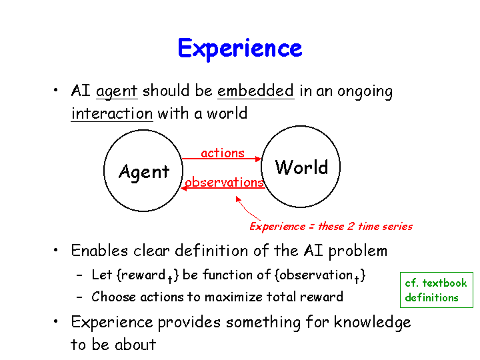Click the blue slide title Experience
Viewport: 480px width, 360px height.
click(240, 49)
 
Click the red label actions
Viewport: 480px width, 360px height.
click(223, 153)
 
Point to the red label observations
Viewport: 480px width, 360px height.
click(225, 182)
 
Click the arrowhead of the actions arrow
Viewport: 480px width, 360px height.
click(259, 159)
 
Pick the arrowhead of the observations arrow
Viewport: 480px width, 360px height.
click(184, 188)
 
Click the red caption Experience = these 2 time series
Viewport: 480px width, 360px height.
click(331, 227)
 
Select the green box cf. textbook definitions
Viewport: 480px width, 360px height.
click(437, 289)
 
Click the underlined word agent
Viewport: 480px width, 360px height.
click(117, 91)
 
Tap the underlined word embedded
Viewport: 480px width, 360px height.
click(255, 91)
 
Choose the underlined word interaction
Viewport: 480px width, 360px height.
click(112, 113)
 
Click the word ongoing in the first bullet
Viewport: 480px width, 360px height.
click(365, 92)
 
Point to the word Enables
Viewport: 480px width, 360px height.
click(99, 251)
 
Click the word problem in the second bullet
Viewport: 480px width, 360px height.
click(358, 251)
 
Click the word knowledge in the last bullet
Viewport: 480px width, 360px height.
click(372, 323)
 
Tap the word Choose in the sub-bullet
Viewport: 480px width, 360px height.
click(113, 297)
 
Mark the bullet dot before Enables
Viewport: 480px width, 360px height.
click(55, 250)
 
